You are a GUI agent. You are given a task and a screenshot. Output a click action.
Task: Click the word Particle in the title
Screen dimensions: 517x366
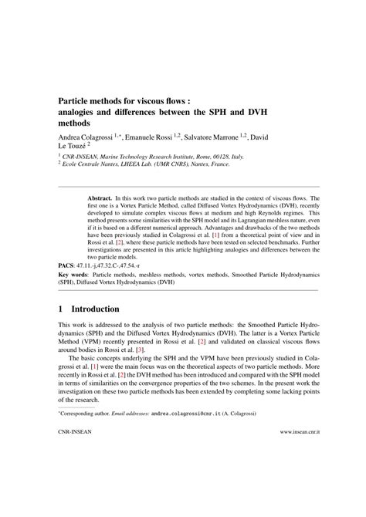(x=76, y=99)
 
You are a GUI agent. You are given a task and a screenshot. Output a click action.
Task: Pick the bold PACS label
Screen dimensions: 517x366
(x=69, y=264)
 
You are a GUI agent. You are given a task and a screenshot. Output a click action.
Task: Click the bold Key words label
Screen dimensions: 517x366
(x=74, y=274)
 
